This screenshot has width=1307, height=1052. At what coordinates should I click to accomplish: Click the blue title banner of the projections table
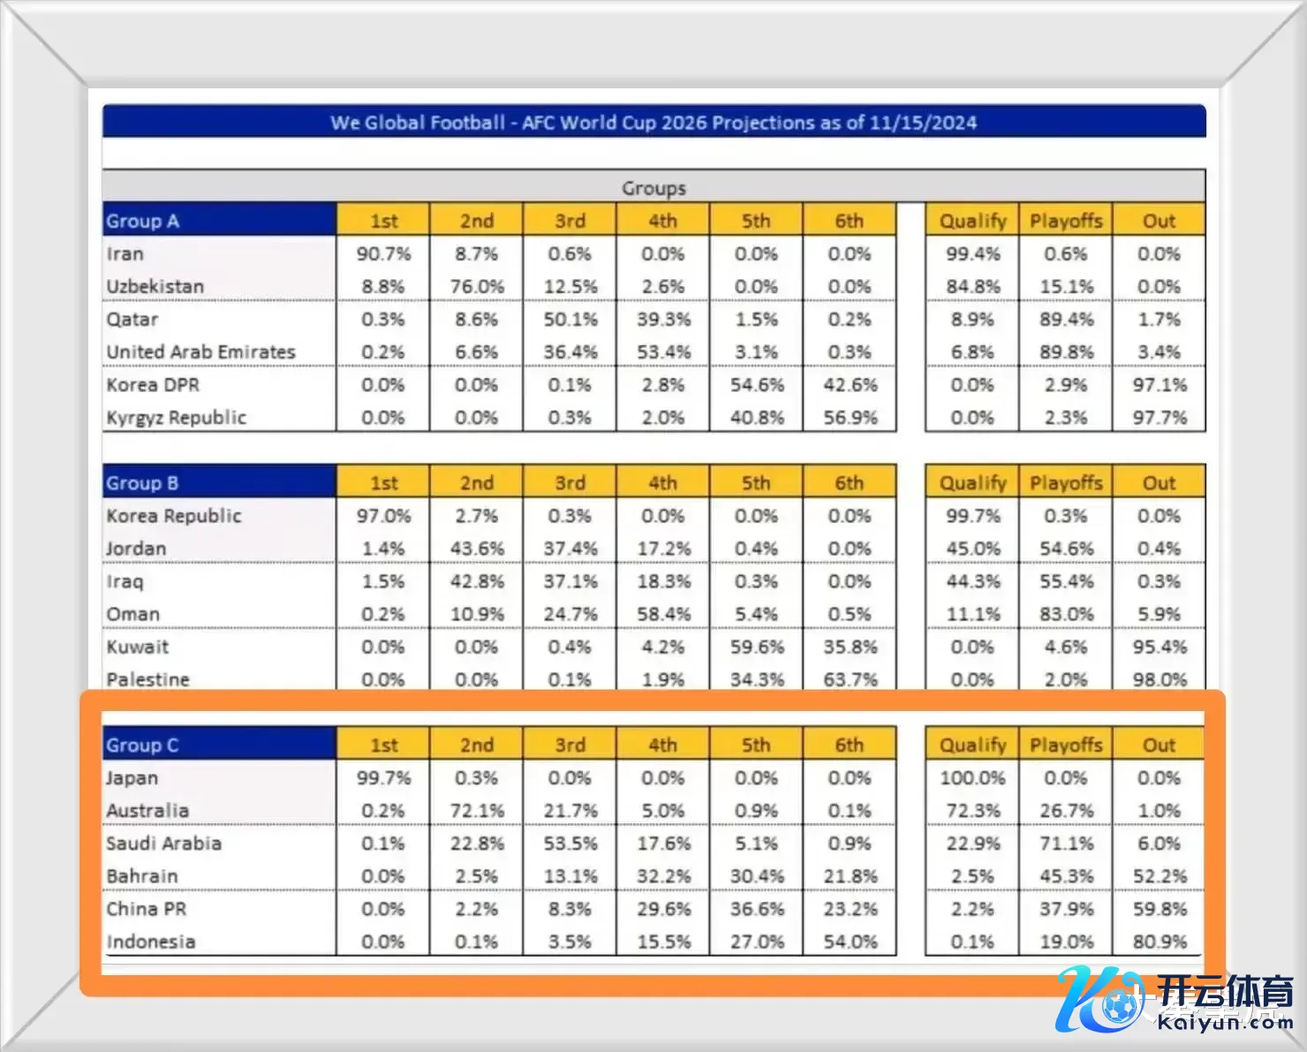pyautogui.click(x=653, y=122)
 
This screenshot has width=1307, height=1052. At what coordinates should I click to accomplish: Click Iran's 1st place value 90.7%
pyautogui.click(x=383, y=254)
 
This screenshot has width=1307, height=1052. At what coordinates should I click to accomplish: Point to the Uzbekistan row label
pyautogui.click(x=155, y=287)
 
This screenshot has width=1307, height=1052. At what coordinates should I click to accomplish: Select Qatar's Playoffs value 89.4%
pyautogui.click(x=1066, y=320)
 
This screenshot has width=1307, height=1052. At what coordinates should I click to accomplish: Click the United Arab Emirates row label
pyautogui.click(x=201, y=352)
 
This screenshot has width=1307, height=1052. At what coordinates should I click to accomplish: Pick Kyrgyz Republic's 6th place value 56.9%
pyautogui.click(x=850, y=418)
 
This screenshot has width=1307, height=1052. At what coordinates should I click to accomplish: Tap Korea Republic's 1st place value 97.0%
pyautogui.click(x=383, y=516)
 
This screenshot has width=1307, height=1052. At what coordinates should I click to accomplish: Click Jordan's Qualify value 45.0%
pyautogui.click(x=972, y=549)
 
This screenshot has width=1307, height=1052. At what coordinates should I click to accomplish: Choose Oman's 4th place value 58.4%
pyautogui.click(x=663, y=614)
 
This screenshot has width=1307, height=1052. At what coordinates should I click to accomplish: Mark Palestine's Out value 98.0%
pyautogui.click(x=1159, y=680)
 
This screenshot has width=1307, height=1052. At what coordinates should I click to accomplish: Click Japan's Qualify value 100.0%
pyautogui.click(x=972, y=778)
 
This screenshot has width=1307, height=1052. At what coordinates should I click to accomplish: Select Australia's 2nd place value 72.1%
pyautogui.click(x=477, y=811)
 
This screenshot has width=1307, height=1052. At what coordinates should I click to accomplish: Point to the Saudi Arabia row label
pyautogui.click(x=163, y=844)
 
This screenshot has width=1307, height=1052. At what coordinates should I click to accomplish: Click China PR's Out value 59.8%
pyautogui.click(x=1159, y=909)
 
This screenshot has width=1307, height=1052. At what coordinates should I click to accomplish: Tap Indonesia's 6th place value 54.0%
pyautogui.click(x=850, y=942)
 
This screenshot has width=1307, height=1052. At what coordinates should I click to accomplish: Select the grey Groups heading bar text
pyautogui.click(x=653, y=188)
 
